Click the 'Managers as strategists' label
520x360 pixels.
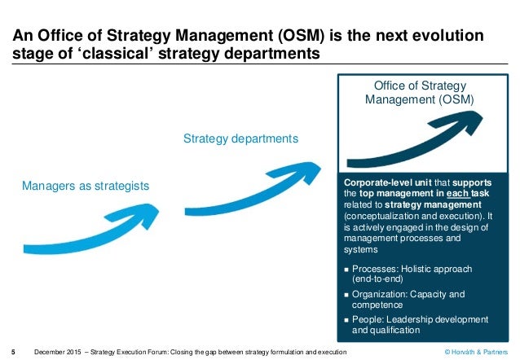[86, 187]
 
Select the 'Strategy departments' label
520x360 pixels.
[240, 139]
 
